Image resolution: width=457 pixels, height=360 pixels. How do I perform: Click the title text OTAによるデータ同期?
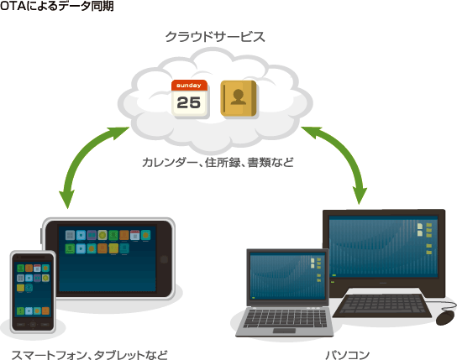pyautogui.click(x=57, y=6)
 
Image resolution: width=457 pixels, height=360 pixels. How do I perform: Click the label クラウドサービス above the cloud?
pyautogui.click(x=215, y=37)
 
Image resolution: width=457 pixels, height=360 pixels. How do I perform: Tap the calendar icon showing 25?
pyautogui.click(x=190, y=99)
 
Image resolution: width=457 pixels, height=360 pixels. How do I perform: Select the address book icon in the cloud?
pyautogui.click(x=239, y=98)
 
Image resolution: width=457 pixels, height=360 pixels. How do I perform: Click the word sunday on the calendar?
pyautogui.click(x=189, y=86)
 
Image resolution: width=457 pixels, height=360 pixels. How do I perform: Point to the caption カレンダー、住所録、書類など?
pyautogui.click(x=218, y=163)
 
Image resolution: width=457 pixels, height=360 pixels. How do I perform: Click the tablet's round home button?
pyautogui.click(x=164, y=259)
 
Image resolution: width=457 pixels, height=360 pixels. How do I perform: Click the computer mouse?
pyautogui.click(x=445, y=317)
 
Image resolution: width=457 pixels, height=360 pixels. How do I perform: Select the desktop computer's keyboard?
pyautogui.click(x=382, y=305)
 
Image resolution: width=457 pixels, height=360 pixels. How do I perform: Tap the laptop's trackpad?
pyautogui.click(x=284, y=331)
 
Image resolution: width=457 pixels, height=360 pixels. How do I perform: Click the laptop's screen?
pyautogui.click(x=287, y=276)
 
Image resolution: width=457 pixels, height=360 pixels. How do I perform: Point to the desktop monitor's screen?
pyautogui.click(x=383, y=247)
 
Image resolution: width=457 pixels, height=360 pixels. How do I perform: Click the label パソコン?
pyautogui.click(x=348, y=355)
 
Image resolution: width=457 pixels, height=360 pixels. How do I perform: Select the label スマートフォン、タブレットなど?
pyautogui.click(x=89, y=355)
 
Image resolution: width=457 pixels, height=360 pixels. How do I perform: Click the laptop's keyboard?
pyautogui.click(x=285, y=318)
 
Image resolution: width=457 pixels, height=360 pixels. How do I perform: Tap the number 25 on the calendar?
pyautogui.click(x=189, y=102)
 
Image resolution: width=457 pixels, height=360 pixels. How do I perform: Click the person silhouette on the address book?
pyautogui.click(x=238, y=97)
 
